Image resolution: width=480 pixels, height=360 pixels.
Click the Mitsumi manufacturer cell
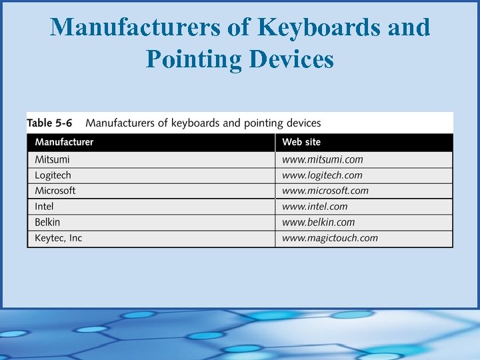pos(52,159)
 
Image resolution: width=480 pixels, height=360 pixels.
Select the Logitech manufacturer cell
pos(53,175)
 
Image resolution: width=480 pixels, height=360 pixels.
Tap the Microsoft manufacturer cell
pos(55,191)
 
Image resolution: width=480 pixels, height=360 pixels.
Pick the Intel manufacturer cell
pos(44,207)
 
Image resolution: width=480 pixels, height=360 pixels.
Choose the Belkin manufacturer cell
pos(47,222)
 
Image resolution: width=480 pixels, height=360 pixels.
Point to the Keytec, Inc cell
pos(59,238)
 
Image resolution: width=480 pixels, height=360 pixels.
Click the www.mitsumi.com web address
pos(323,159)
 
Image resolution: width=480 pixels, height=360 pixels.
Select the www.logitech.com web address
pos(323,175)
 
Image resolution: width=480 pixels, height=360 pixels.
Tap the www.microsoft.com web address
pos(325,191)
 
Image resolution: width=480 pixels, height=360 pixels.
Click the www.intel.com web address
pos(315,207)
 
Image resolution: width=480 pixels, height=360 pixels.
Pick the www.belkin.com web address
pos(319,222)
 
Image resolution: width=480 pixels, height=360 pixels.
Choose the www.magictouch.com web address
pos(330,238)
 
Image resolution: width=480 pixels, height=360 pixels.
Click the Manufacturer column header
pos(64,142)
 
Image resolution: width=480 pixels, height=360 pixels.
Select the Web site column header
pos(301,142)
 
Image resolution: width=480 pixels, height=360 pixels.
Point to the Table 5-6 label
pos(50,123)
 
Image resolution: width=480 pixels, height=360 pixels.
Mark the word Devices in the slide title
pos(291,59)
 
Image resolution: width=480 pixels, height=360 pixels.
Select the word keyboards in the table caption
pos(195,123)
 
